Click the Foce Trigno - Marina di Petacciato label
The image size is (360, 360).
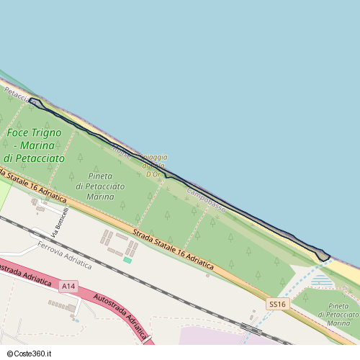34,145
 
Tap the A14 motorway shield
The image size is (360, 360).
68,287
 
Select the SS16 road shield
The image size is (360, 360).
276,305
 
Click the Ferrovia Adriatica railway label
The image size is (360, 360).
65,255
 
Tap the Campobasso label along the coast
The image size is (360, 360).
206,200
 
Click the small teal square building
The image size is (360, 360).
127,259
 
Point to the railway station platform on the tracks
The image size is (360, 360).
251,329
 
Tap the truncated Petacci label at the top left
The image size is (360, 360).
14,93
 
